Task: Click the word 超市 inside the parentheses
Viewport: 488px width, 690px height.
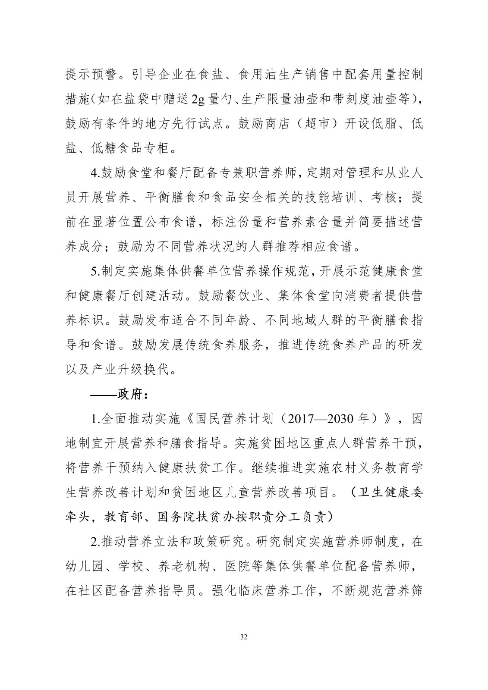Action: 318,124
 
